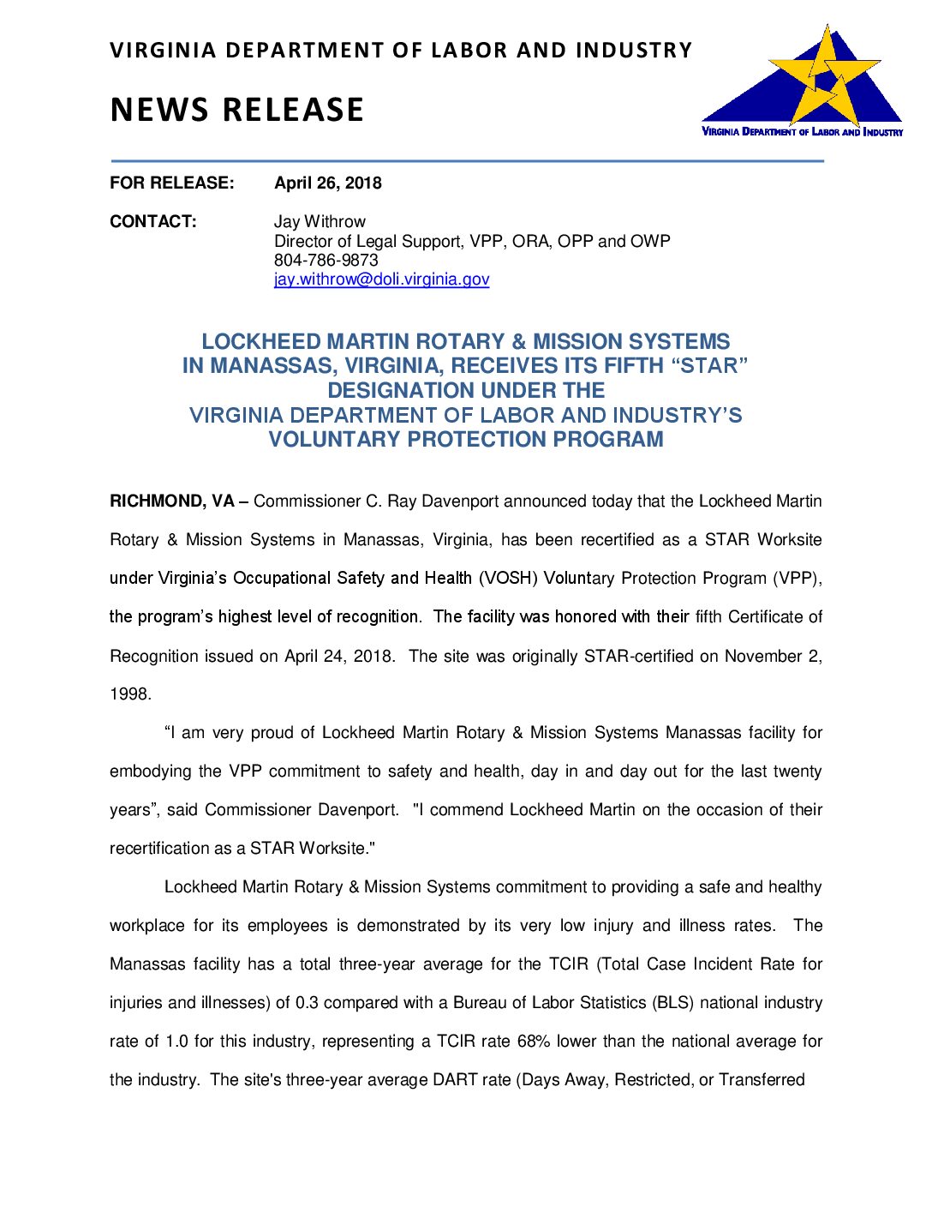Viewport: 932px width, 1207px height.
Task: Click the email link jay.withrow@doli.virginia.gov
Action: pyautogui.click(x=381, y=279)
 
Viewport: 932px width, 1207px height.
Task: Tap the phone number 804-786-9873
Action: pyautogui.click(x=326, y=260)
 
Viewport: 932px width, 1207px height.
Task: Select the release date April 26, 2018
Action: pyautogui.click(x=328, y=183)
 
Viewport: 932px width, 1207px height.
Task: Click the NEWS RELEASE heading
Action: pyautogui.click(x=237, y=110)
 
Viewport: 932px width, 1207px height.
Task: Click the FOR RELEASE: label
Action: pyautogui.click(x=171, y=183)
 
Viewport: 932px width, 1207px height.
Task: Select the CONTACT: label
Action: pyautogui.click(x=152, y=221)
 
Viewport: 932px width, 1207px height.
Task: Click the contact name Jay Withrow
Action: pyautogui.click(x=320, y=221)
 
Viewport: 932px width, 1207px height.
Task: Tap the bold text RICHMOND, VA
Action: pyautogui.click(x=171, y=501)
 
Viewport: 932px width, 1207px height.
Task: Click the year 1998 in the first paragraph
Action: pyautogui.click(x=129, y=694)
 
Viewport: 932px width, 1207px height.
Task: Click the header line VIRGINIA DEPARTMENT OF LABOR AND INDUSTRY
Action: pyautogui.click(x=400, y=51)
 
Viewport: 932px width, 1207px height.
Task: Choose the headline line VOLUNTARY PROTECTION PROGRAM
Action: pyautogui.click(x=466, y=440)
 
